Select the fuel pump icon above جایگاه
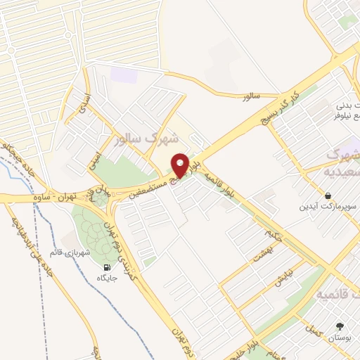click(107, 267)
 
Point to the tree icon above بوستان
click(340, 326)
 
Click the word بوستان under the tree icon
click(340, 337)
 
